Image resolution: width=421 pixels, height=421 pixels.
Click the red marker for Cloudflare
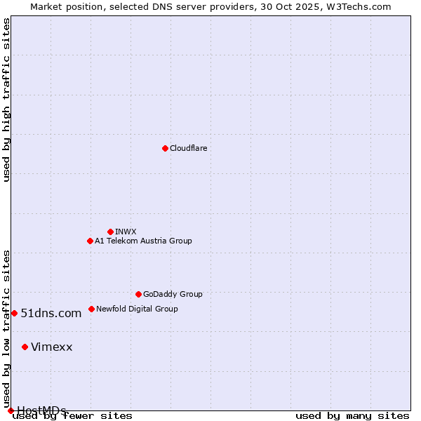point(165,148)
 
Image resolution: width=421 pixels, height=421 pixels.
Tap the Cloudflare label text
point(188,149)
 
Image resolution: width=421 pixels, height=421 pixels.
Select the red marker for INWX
point(110,232)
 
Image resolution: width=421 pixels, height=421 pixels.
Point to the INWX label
point(126,232)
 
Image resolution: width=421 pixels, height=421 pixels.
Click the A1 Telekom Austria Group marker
point(90,241)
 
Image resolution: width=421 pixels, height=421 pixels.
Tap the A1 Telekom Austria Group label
point(143,241)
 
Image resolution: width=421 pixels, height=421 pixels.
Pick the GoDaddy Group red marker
point(138,294)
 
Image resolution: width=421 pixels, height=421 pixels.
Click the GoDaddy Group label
point(173,295)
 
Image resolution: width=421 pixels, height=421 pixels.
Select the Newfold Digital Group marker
point(91,309)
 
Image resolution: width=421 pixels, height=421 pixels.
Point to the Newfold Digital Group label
point(137,309)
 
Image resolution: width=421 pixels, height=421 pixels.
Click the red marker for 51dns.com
point(14,313)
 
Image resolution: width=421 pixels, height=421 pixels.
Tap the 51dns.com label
point(51,314)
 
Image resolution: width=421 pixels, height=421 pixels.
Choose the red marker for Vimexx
point(25,347)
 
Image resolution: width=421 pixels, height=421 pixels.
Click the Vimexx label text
point(51,347)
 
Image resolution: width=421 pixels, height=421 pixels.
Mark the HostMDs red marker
point(11,410)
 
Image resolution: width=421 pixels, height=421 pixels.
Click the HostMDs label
point(41,410)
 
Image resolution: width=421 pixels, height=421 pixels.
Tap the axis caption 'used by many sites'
point(352,416)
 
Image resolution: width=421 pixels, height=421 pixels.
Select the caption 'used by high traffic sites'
point(7,100)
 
